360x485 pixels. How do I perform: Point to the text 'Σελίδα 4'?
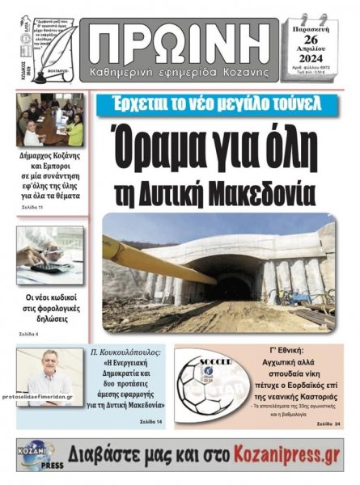(x=29, y=333)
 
